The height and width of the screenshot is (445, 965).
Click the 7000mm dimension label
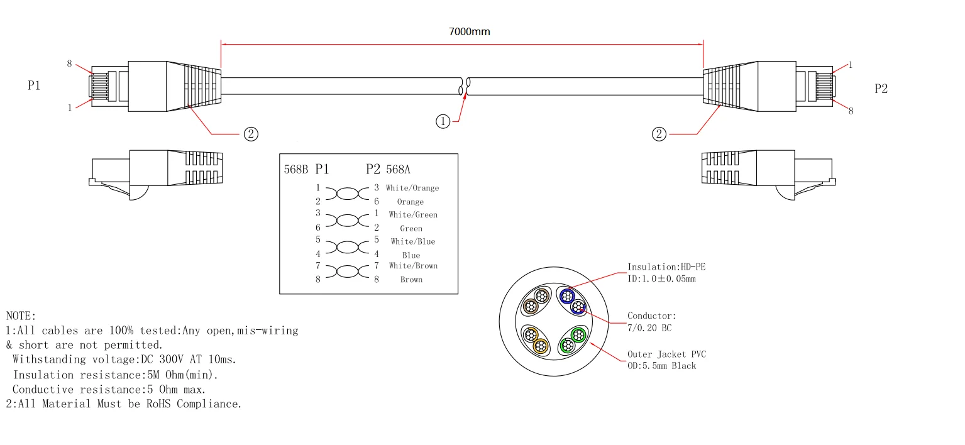point(469,32)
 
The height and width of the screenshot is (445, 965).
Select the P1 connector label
point(34,86)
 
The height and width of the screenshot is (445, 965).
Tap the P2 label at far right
point(881,89)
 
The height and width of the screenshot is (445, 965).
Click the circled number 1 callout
point(443,121)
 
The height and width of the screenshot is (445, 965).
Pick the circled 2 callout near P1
point(250,133)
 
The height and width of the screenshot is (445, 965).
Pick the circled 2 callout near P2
point(659,133)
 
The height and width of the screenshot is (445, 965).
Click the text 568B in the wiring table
point(296,170)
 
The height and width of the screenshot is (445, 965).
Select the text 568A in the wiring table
point(399,170)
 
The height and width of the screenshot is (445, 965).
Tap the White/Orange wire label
point(412,188)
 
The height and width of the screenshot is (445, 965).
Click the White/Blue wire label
point(412,241)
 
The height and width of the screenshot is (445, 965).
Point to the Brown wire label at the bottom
point(411,280)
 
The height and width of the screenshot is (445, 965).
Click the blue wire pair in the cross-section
point(573,300)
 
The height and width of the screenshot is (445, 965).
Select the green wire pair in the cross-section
point(573,339)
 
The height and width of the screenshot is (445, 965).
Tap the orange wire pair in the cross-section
point(536,339)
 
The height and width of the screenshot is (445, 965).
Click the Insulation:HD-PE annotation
point(666,267)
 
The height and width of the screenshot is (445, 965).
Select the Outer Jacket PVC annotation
point(666,354)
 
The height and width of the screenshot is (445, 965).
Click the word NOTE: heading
point(21,316)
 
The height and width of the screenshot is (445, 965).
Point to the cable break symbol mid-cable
point(465,87)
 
